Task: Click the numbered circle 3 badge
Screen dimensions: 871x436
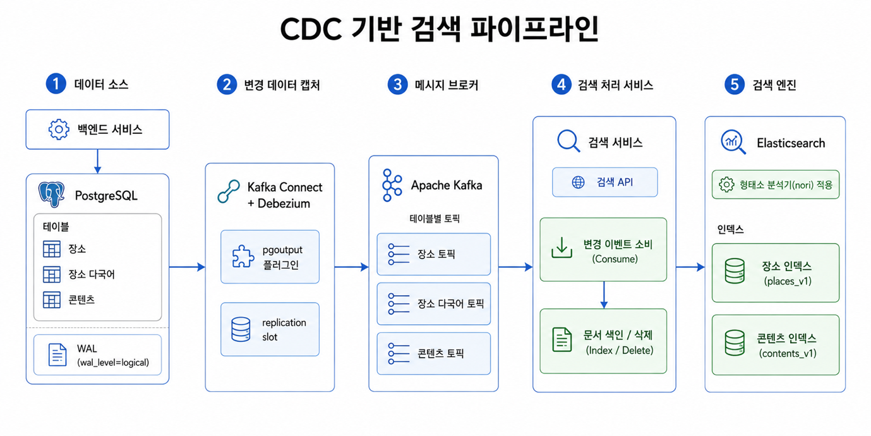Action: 397,85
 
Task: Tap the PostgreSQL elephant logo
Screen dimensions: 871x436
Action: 51,194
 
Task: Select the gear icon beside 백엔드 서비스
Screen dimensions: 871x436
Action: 59,129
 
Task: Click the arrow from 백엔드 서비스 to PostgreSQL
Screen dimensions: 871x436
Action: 98,161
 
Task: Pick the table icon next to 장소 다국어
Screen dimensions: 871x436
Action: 52,275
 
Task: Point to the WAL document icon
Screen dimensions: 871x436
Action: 57,354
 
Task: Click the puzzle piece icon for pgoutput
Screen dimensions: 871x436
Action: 243,257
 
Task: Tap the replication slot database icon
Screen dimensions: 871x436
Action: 241,329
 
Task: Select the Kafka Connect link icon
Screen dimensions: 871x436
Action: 229,191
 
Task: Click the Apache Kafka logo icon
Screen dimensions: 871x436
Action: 392,185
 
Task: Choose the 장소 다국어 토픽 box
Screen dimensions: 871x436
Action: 433,304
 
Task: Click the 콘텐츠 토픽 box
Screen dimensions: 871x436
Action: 433,354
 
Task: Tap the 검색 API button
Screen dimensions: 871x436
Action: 604,182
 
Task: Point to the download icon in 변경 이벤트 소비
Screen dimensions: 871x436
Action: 562,248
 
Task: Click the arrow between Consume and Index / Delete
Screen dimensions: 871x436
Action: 604,295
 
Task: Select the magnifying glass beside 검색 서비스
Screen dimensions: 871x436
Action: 569,141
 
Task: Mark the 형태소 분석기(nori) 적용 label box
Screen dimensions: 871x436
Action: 776,185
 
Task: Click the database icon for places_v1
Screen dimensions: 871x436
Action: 735,271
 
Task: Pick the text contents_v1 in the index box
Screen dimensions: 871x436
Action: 788,353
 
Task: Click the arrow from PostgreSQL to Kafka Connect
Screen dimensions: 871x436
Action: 187,267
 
